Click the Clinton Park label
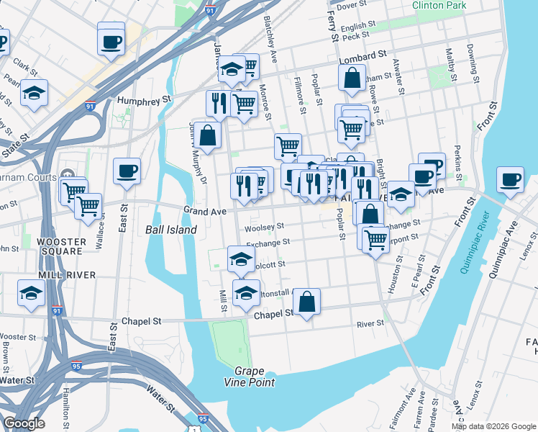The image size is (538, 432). point(438,6)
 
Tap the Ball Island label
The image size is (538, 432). point(170,230)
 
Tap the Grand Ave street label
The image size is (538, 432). point(205,212)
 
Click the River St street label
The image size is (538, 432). point(370,324)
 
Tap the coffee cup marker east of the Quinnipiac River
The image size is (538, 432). point(510,180)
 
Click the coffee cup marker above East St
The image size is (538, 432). point(127,171)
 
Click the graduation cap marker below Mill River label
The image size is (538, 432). point(31,294)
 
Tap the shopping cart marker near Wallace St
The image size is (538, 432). point(88,206)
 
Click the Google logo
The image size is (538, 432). point(24,423)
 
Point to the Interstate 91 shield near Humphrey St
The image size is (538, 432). point(90,107)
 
